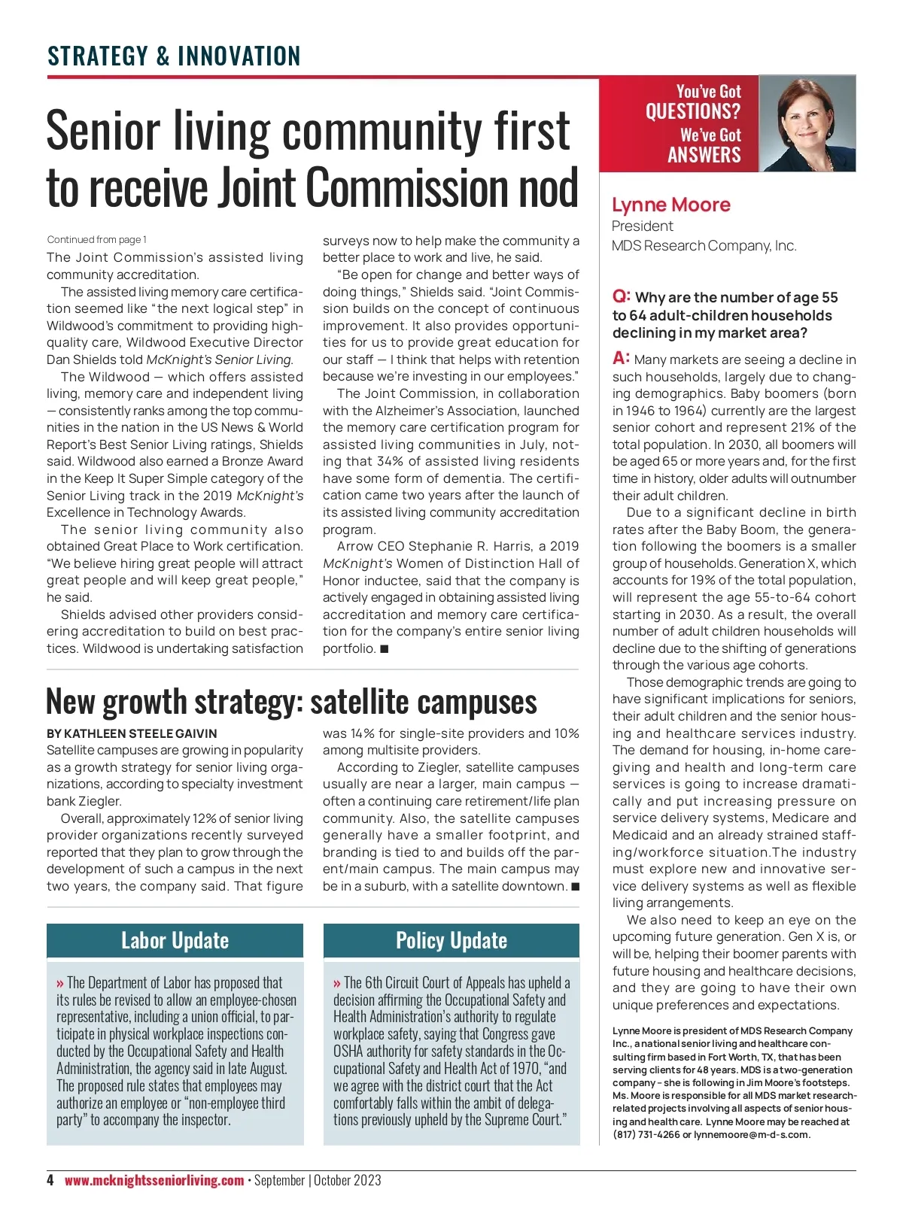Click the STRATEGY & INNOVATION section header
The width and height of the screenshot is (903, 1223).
click(174, 56)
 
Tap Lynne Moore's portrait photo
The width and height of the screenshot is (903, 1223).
click(807, 124)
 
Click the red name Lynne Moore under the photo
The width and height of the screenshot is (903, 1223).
click(670, 205)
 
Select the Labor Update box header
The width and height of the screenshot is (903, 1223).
click(175, 941)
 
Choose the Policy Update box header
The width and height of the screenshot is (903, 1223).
click(451, 941)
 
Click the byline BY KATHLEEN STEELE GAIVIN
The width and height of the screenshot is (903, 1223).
click(132, 733)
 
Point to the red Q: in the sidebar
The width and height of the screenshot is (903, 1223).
click(622, 296)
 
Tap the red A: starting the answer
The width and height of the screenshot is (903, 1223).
click(621, 358)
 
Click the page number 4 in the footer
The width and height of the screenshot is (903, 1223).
click(50, 1180)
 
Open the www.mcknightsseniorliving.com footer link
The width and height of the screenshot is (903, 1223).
click(154, 1180)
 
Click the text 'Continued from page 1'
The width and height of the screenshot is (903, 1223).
click(97, 240)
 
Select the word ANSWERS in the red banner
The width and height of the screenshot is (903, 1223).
click(704, 155)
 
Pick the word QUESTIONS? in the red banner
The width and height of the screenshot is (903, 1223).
click(692, 112)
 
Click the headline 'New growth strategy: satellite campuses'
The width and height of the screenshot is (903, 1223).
click(291, 702)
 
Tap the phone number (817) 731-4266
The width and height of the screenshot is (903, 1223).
click(645, 1134)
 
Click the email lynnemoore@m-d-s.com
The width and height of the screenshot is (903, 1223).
click(752, 1134)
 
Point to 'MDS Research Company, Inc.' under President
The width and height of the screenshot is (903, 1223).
click(704, 246)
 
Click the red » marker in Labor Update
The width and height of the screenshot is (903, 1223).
click(60, 983)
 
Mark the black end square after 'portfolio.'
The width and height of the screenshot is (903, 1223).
click(385, 648)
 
